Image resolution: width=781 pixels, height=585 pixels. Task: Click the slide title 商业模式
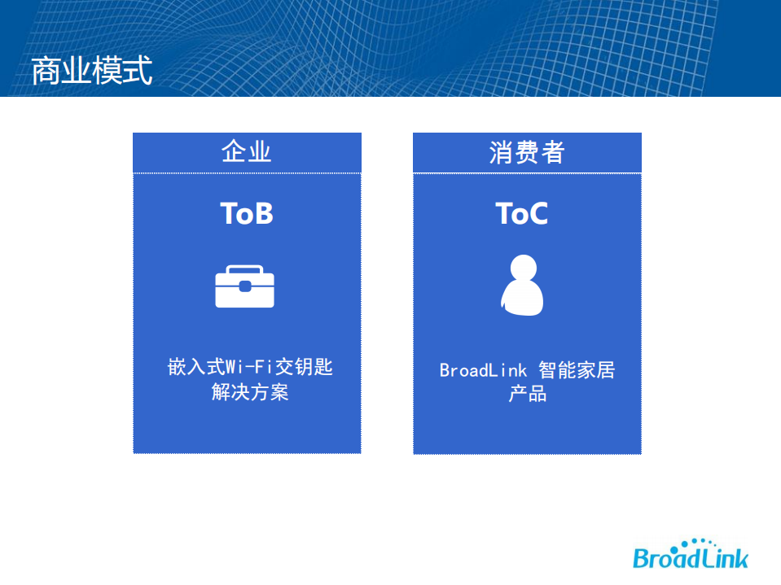tap(91, 72)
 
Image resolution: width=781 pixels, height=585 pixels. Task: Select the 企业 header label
tap(246, 152)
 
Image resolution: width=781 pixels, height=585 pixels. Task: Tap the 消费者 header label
tap(526, 152)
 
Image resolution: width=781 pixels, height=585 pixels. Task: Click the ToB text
tap(246, 213)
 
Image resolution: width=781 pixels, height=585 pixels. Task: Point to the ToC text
tap(521, 213)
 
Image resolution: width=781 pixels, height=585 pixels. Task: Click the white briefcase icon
tap(244, 286)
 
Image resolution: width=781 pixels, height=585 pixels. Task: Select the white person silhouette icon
tap(521, 286)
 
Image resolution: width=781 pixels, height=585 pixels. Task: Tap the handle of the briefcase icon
tap(244, 269)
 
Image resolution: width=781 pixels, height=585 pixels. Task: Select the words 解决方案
tap(250, 393)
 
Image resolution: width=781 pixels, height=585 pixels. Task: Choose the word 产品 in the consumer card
tap(527, 395)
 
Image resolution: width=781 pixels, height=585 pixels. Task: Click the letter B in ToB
tap(262, 213)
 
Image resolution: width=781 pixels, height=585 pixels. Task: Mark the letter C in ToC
tap(536, 213)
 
